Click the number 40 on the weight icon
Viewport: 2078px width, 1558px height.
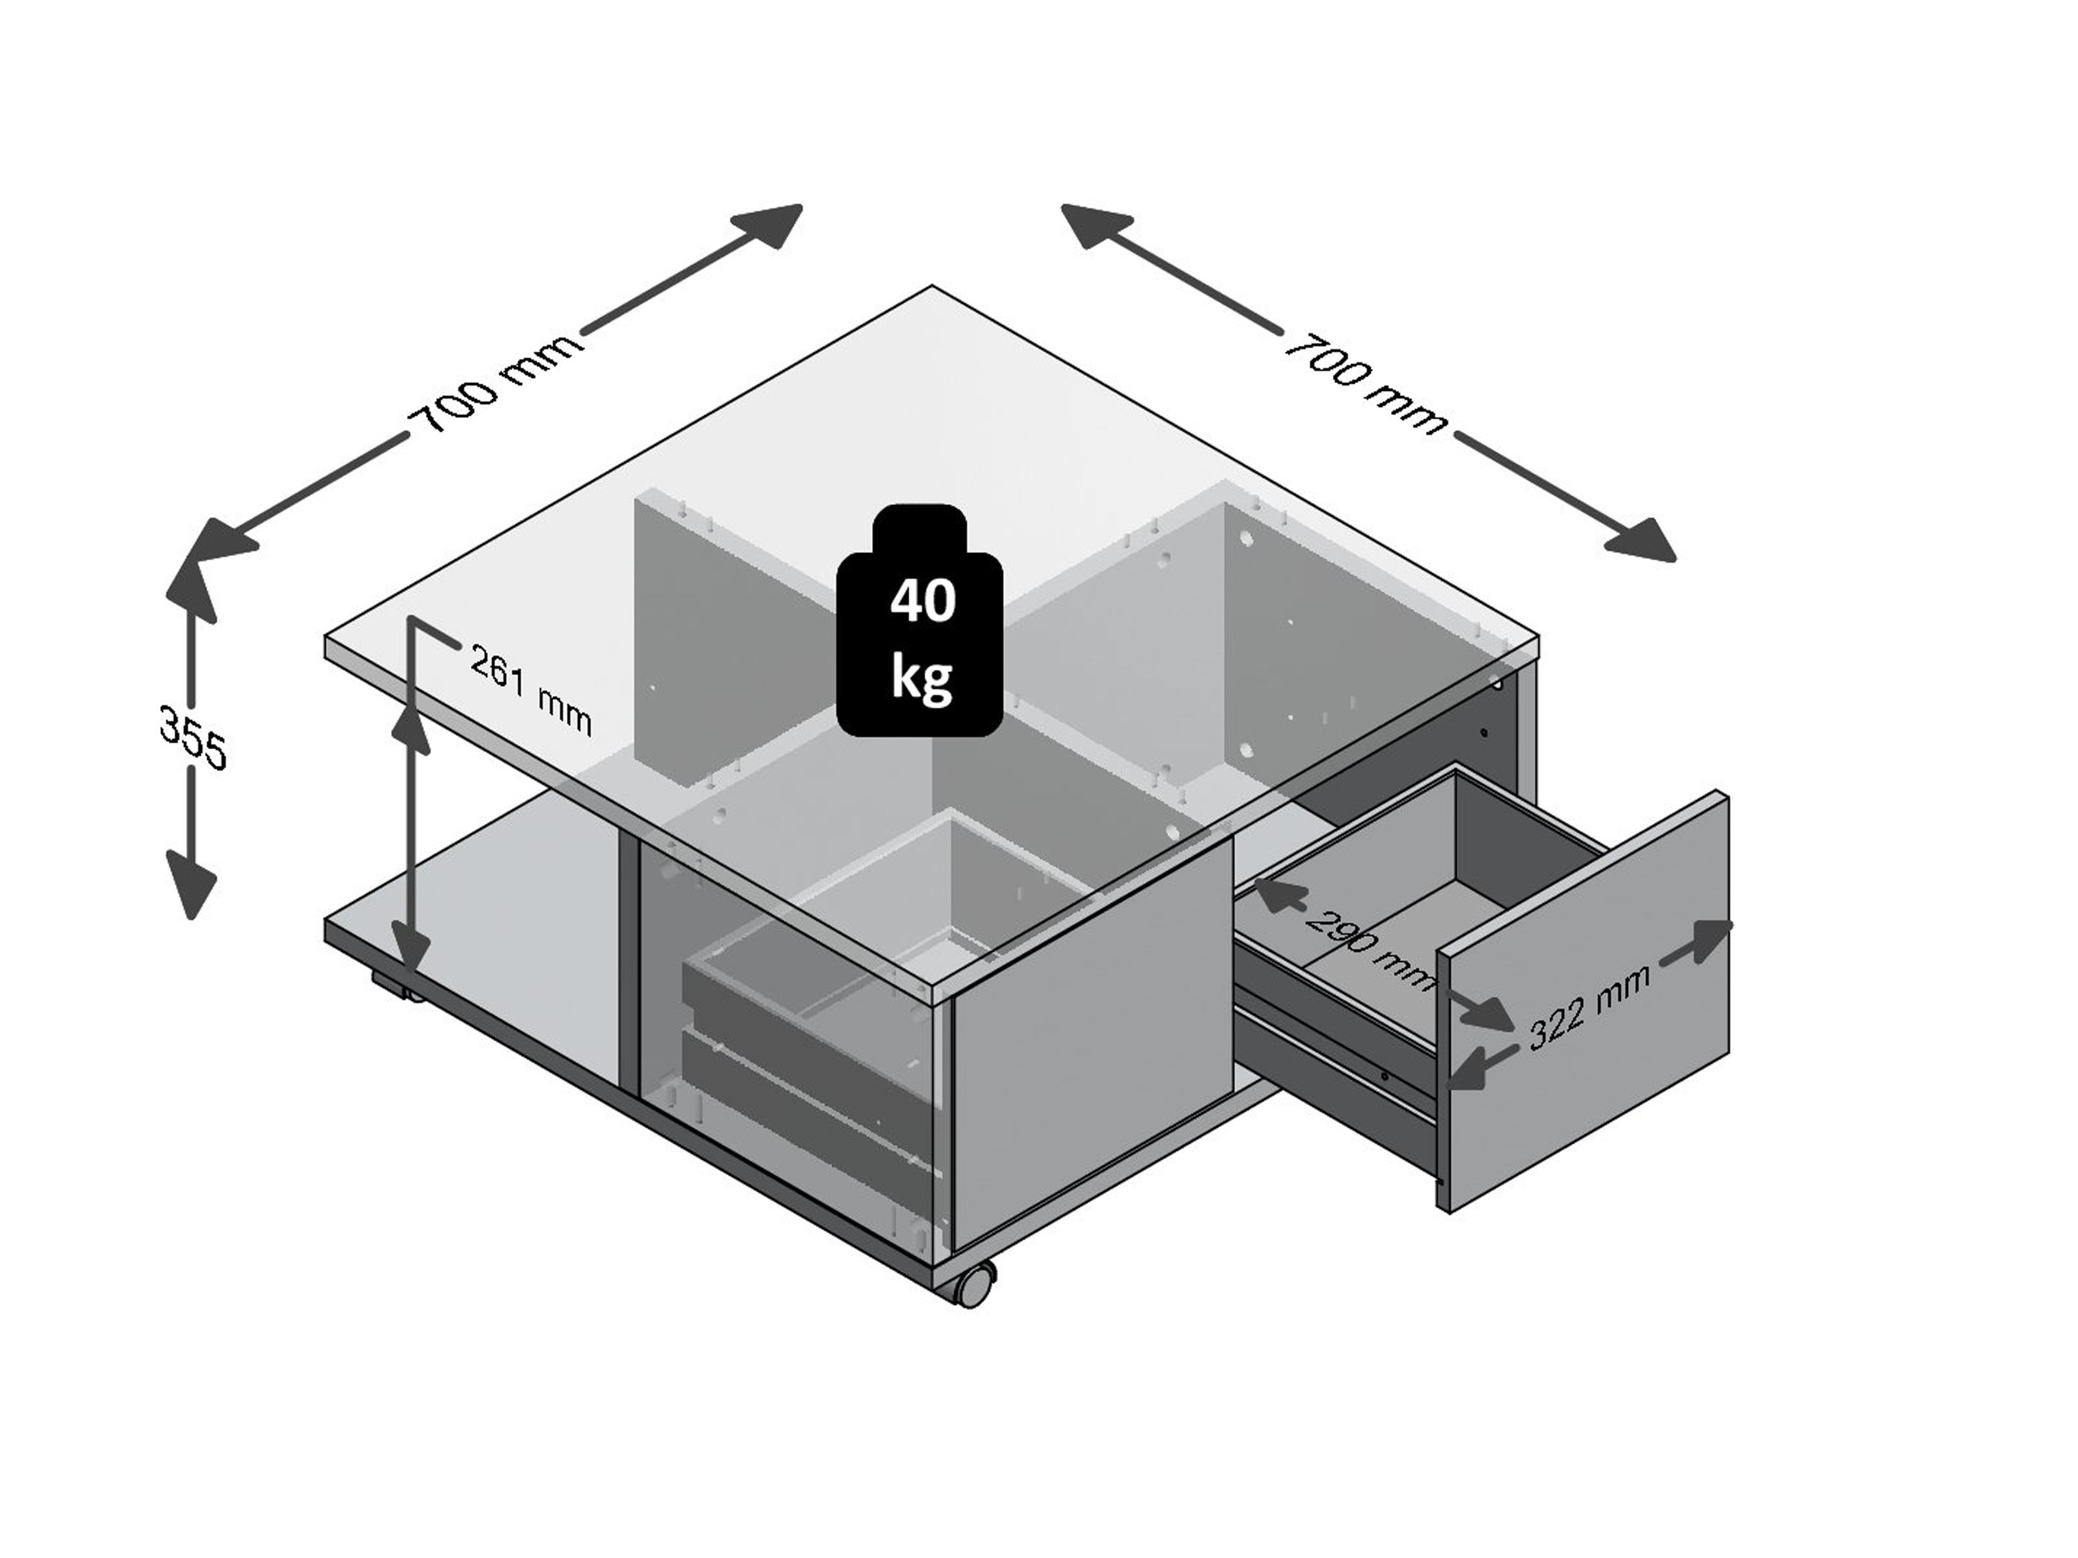pos(923,602)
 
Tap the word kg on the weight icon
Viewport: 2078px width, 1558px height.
pos(921,676)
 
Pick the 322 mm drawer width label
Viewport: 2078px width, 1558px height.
pos(1588,1008)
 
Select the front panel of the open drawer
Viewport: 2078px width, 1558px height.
pos(1584,1002)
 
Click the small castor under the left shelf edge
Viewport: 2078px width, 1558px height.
pos(397,987)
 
